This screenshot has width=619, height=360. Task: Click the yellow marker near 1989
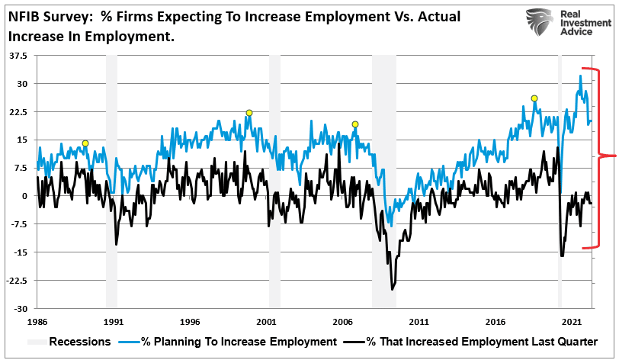click(x=85, y=143)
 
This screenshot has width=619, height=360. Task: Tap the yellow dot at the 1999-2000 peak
click(x=249, y=113)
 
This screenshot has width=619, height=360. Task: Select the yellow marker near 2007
click(x=354, y=124)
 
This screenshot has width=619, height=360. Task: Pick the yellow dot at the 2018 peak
click(x=534, y=98)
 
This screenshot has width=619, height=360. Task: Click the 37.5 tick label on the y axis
click(x=18, y=56)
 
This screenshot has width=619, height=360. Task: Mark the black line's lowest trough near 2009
click(x=393, y=289)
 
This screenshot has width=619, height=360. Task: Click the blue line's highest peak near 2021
click(x=581, y=76)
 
